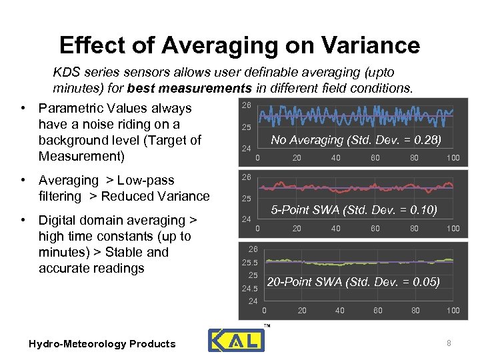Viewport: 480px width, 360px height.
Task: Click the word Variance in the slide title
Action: (369, 45)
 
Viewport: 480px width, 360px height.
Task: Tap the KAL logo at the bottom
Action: (236, 340)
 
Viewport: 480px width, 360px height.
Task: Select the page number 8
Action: (449, 343)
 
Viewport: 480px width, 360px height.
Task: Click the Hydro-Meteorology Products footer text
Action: (102, 344)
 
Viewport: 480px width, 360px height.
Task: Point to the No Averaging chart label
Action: (355, 140)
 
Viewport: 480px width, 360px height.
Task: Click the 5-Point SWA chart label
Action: (353, 210)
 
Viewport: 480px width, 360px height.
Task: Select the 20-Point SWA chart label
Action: (353, 282)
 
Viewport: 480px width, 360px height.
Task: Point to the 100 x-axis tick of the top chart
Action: (453, 158)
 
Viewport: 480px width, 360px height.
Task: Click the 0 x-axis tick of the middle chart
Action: (258, 229)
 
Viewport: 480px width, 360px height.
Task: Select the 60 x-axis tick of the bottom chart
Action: (378, 311)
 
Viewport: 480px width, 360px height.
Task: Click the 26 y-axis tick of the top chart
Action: (246, 105)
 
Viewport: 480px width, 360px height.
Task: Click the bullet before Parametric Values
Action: (23, 109)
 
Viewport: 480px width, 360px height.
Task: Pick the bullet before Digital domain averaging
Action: (23, 221)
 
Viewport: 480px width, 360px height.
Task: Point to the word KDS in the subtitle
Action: (66, 72)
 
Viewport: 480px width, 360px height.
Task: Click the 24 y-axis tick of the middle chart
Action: (246, 219)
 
